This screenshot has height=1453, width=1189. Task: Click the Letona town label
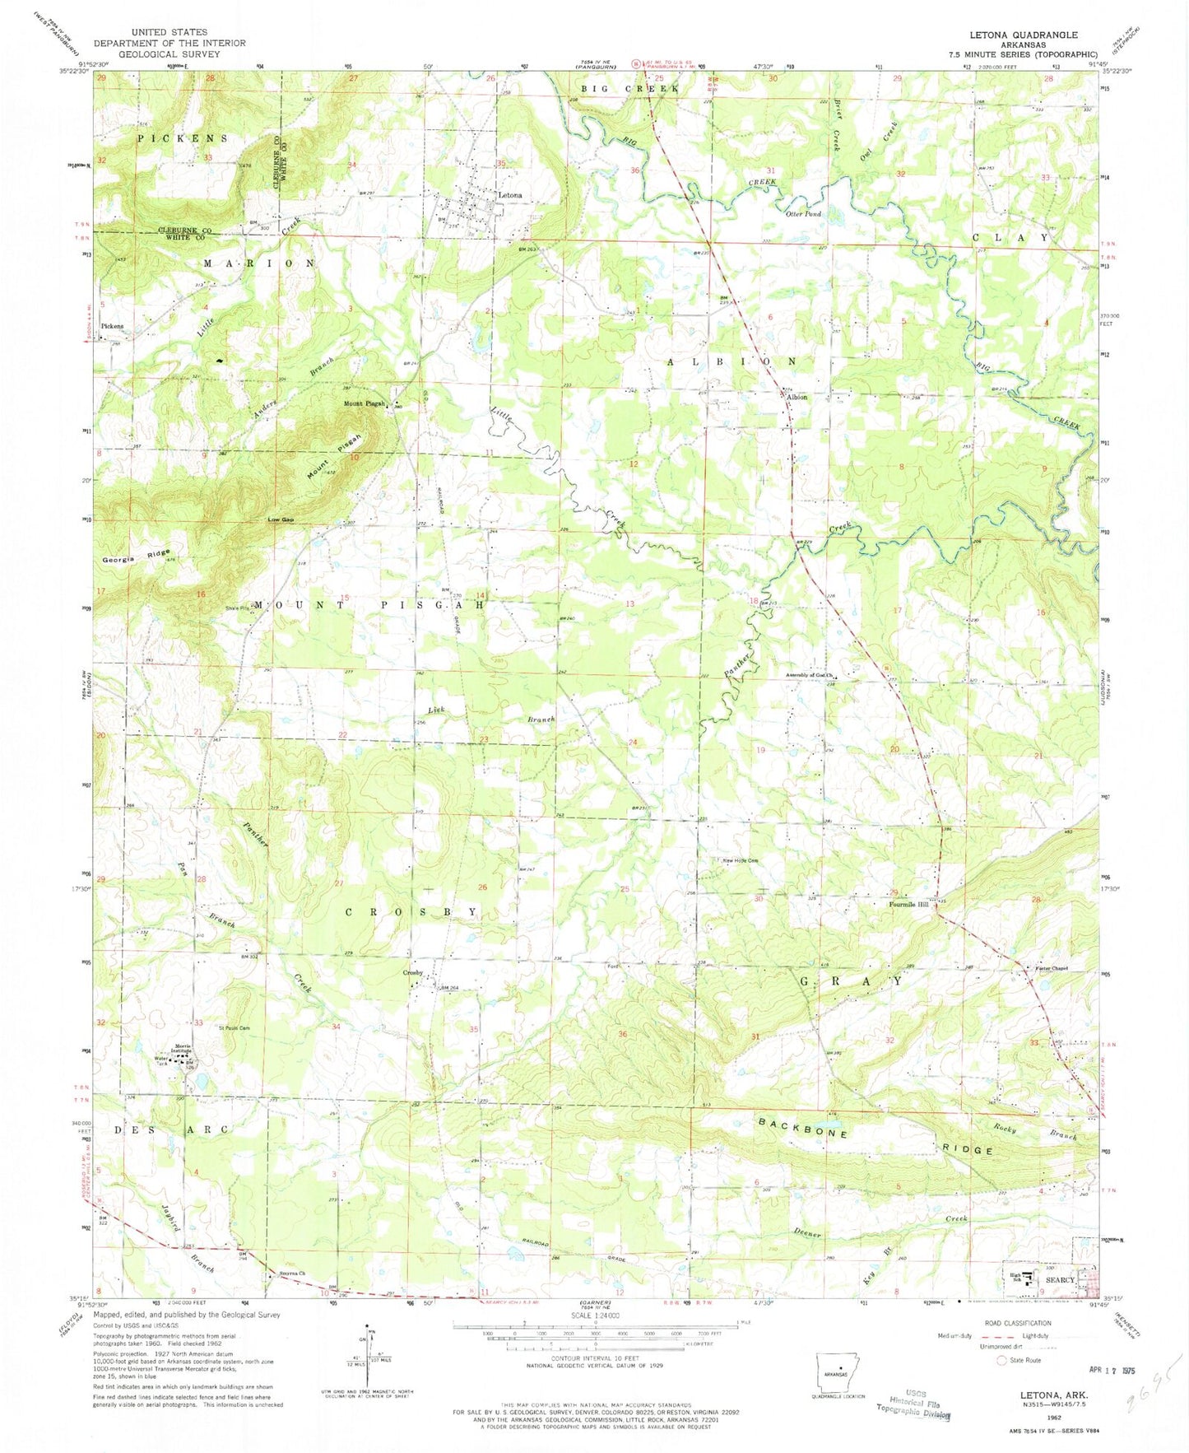510,195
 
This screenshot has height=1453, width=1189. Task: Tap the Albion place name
797,397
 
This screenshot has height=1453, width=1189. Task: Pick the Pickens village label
112,326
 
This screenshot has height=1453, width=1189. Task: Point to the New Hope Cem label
741,861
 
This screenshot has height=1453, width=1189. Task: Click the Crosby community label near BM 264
412,973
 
